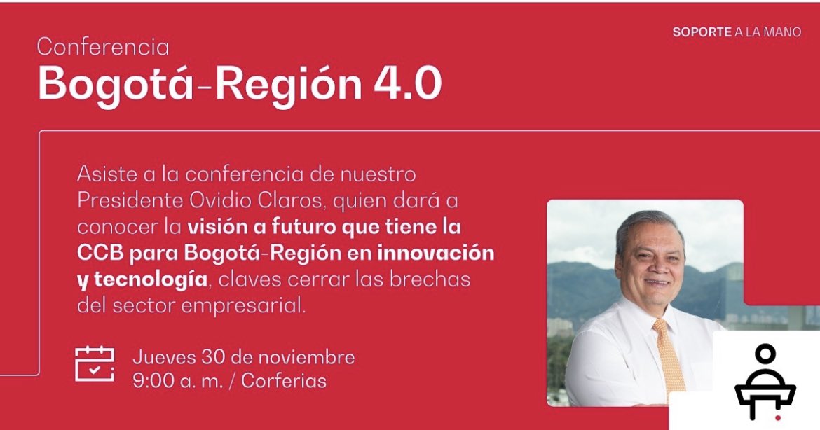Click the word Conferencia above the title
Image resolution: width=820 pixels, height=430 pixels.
pyautogui.click(x=103, y=47)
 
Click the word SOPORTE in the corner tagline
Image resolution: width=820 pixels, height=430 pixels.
pyautogui.click(x=702, y=32)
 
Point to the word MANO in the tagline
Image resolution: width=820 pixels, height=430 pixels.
pyautogui.click(x=784, y=32)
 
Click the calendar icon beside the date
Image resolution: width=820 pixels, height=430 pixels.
pyautogui.click(x=94, y=364)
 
